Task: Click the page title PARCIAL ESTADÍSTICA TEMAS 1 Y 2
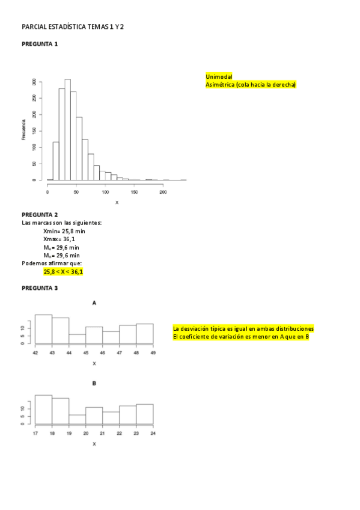(73, 27)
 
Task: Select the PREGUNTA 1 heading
(40, 44)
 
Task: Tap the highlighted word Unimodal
(219, 77)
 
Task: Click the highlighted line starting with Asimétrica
(251, 85)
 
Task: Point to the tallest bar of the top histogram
(67, 129)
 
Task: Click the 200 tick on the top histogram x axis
(163, 192)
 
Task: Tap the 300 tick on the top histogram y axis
(34, 81)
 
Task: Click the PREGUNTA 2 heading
(40, 215)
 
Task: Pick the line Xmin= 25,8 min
(64, 231)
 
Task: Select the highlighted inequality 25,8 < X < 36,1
(63, 272)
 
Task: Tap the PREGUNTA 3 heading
(40, 288)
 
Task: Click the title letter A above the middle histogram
(94, 303)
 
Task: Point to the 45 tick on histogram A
(86, 353)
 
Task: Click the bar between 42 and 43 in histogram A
(43, 329)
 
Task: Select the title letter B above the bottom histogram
(94, 383)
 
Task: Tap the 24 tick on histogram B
(153, 434)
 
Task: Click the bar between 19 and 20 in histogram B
(77, 419)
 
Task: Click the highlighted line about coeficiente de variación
(240, 337)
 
